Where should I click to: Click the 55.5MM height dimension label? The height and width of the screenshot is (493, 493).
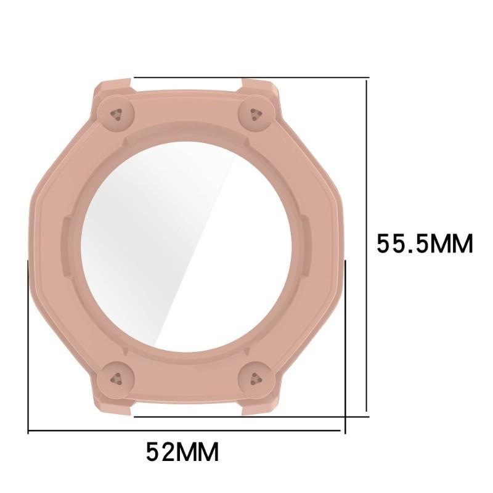425,243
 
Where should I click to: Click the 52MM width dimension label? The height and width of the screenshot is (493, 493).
182,452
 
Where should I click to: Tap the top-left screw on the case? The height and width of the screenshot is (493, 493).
117,114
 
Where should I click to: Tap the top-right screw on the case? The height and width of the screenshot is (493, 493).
256,114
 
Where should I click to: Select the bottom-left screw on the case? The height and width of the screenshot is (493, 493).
117,378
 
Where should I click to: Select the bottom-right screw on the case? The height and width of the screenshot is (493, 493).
256,378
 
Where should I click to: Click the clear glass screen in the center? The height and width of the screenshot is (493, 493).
188,246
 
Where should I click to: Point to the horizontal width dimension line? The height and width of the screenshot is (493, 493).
184,430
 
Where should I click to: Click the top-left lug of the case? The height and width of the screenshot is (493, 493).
114,86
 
